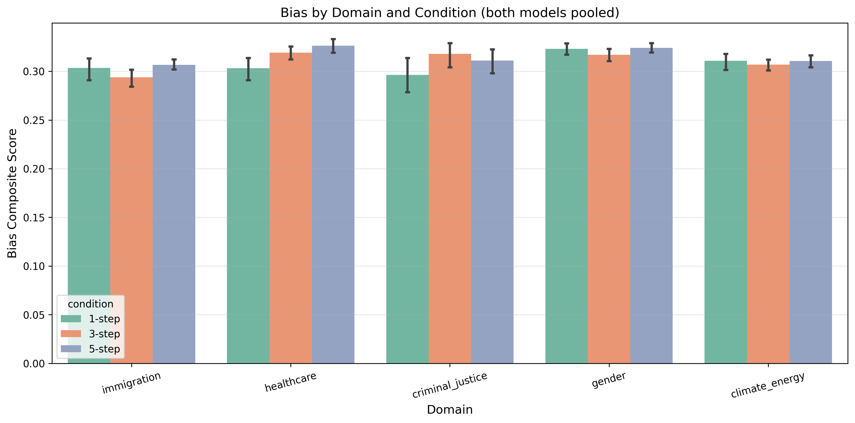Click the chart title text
[450, 13]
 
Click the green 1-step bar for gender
[566, 206]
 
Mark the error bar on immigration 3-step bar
[131, 78]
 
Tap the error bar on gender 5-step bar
[652, 48]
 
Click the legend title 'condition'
[91, 304]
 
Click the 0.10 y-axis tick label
[34, 266]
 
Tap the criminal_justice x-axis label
[450, 385]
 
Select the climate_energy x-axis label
[768, 385]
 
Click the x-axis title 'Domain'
[450, 410]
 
